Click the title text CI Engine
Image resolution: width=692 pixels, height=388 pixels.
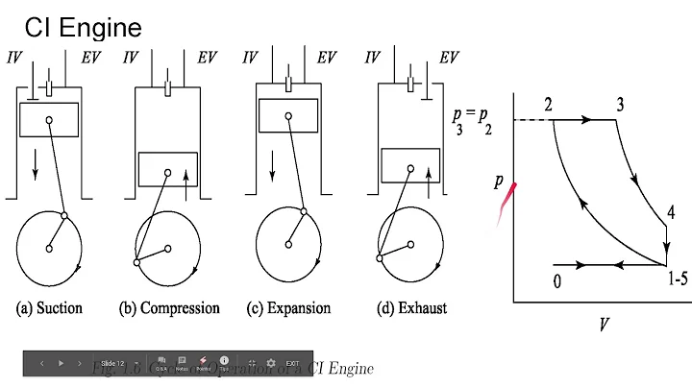point(83,26)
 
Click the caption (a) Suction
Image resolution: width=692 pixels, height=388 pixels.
point(49,309)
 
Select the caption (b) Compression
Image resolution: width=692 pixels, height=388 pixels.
point(169,309)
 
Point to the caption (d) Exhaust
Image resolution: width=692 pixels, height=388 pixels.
point(410,309)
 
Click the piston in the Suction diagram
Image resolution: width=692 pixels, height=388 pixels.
point(47,119)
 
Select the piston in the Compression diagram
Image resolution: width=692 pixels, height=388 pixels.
point(167,169)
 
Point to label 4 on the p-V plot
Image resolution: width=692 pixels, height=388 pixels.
point(671,213)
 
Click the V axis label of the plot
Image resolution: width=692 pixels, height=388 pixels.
point(604,324)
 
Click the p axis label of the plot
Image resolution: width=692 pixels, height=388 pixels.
point(499,181)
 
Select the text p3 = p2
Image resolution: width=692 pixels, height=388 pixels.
point(472,120)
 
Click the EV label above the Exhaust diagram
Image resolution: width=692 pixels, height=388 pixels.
point(448,58)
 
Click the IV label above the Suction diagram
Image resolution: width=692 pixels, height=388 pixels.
point(13,58)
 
